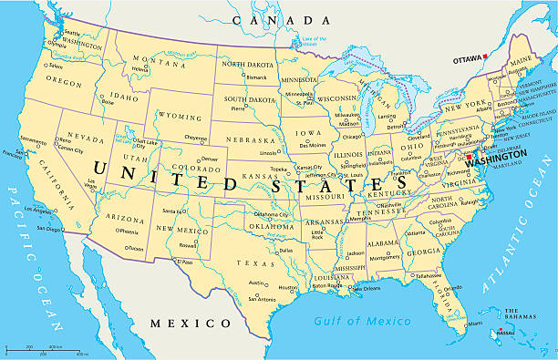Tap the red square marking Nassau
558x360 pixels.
(501, 330)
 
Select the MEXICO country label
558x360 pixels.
(191, 324)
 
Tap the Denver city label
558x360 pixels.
(210, 159)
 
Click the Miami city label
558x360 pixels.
(474, 324)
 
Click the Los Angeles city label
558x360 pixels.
(41, 211)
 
